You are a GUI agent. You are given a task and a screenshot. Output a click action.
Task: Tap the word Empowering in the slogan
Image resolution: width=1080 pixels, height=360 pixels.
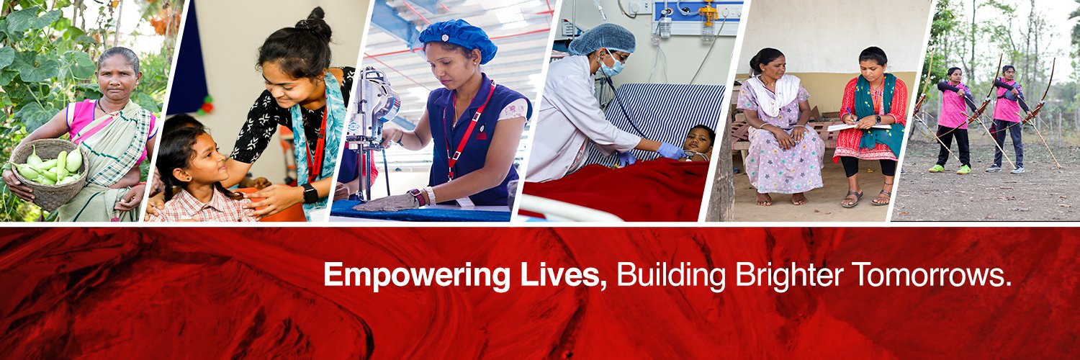tap(417, 276)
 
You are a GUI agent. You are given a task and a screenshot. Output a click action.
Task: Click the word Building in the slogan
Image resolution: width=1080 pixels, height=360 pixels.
tap(670, 276)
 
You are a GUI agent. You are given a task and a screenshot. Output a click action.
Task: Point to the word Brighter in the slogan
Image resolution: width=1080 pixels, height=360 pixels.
tap(788, 276)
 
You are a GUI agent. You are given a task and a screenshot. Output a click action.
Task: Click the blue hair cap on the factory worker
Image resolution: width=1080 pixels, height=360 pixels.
tap(458, 39)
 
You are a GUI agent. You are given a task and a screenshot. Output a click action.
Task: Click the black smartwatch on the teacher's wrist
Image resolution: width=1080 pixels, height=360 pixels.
tap(310, 193)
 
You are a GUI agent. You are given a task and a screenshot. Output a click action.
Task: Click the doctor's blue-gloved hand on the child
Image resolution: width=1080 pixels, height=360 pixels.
tap(671, 150)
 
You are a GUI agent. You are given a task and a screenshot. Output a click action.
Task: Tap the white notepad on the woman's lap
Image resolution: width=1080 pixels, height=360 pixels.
tap(858, 127)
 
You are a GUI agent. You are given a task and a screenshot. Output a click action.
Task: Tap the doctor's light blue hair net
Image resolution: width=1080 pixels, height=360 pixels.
tap(602, 39)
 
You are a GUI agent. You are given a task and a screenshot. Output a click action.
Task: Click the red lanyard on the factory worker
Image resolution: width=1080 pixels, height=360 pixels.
tap(465, 130)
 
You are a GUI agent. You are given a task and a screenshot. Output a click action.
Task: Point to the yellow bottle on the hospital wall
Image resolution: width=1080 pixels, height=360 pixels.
tap(708, 15)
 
